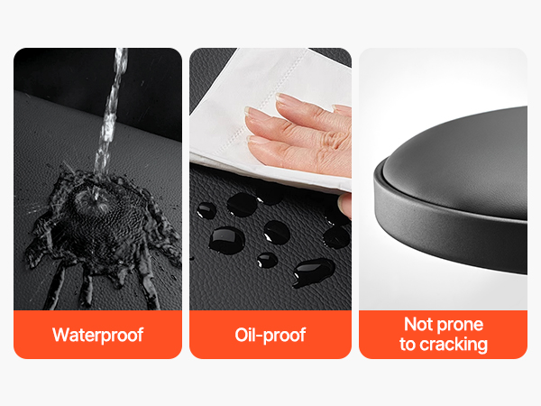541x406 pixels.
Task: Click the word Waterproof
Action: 97,335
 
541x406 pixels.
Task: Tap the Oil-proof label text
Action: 270,335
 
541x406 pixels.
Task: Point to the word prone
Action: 461,325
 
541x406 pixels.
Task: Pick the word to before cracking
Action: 408,345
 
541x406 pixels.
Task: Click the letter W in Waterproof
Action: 60,335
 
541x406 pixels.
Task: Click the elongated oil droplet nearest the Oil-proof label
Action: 313,272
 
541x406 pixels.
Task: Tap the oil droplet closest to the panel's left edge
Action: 206,210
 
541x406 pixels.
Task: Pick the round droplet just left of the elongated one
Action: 267,260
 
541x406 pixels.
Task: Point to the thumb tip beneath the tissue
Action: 344,205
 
